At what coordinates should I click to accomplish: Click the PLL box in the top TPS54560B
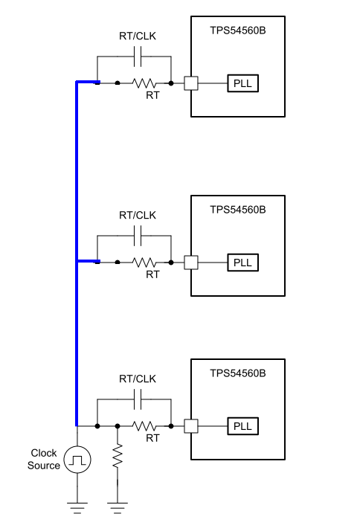242,83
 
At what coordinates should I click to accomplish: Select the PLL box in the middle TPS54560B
242,263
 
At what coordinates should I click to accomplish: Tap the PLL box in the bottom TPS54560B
242,426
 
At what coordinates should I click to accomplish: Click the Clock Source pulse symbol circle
77,460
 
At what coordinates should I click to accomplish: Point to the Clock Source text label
44,459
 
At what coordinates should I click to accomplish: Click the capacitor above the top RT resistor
138,57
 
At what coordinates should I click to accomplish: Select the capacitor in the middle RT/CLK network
138,236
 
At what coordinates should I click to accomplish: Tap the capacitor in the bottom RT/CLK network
138,399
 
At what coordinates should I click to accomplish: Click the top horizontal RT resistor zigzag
144,83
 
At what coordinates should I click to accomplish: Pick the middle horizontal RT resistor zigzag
144,263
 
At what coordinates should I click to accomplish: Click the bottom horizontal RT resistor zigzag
144,426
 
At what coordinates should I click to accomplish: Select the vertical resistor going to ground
118,456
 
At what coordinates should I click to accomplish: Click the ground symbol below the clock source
77,508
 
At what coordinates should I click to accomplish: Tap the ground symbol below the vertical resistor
118,508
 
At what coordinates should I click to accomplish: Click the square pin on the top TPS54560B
191,83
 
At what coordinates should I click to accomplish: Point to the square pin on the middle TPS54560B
191,263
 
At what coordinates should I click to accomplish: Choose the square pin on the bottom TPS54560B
191,426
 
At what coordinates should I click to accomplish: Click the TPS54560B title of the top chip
238,30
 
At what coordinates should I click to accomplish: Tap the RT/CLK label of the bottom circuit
138,379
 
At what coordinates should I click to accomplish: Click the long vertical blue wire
77,254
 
